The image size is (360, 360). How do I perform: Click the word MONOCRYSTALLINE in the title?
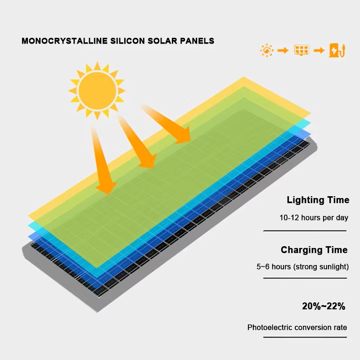(x=64, y=41)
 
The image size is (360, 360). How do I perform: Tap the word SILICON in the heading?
(x=127, y=41)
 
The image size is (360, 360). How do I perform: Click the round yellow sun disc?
(x=97, y=91)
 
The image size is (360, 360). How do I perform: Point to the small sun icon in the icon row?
(x=267, y=50)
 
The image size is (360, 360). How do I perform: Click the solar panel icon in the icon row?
(x=301, y=50)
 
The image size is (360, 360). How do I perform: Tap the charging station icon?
(x=337, y=50)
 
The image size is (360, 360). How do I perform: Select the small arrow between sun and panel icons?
(x=283, y=50)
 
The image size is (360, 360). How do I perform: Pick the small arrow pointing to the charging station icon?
(x=319, y=50)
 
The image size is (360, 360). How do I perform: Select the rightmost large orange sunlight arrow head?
(x=184, y=136)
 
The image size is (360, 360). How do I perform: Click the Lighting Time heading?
(x=318, y=200)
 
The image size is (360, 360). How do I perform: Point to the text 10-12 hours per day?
(x=314, y=217)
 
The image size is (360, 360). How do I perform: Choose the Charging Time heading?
(x=314, y=250)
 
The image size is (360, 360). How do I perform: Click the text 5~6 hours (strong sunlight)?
(x=302, y=266)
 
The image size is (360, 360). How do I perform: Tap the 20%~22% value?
(x=324, y=306)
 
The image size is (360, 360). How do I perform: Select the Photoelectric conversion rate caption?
(x=297, y=327)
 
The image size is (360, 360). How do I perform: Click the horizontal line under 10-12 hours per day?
(x=305, y=230)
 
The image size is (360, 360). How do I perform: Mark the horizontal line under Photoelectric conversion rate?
(x=305, y=337)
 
